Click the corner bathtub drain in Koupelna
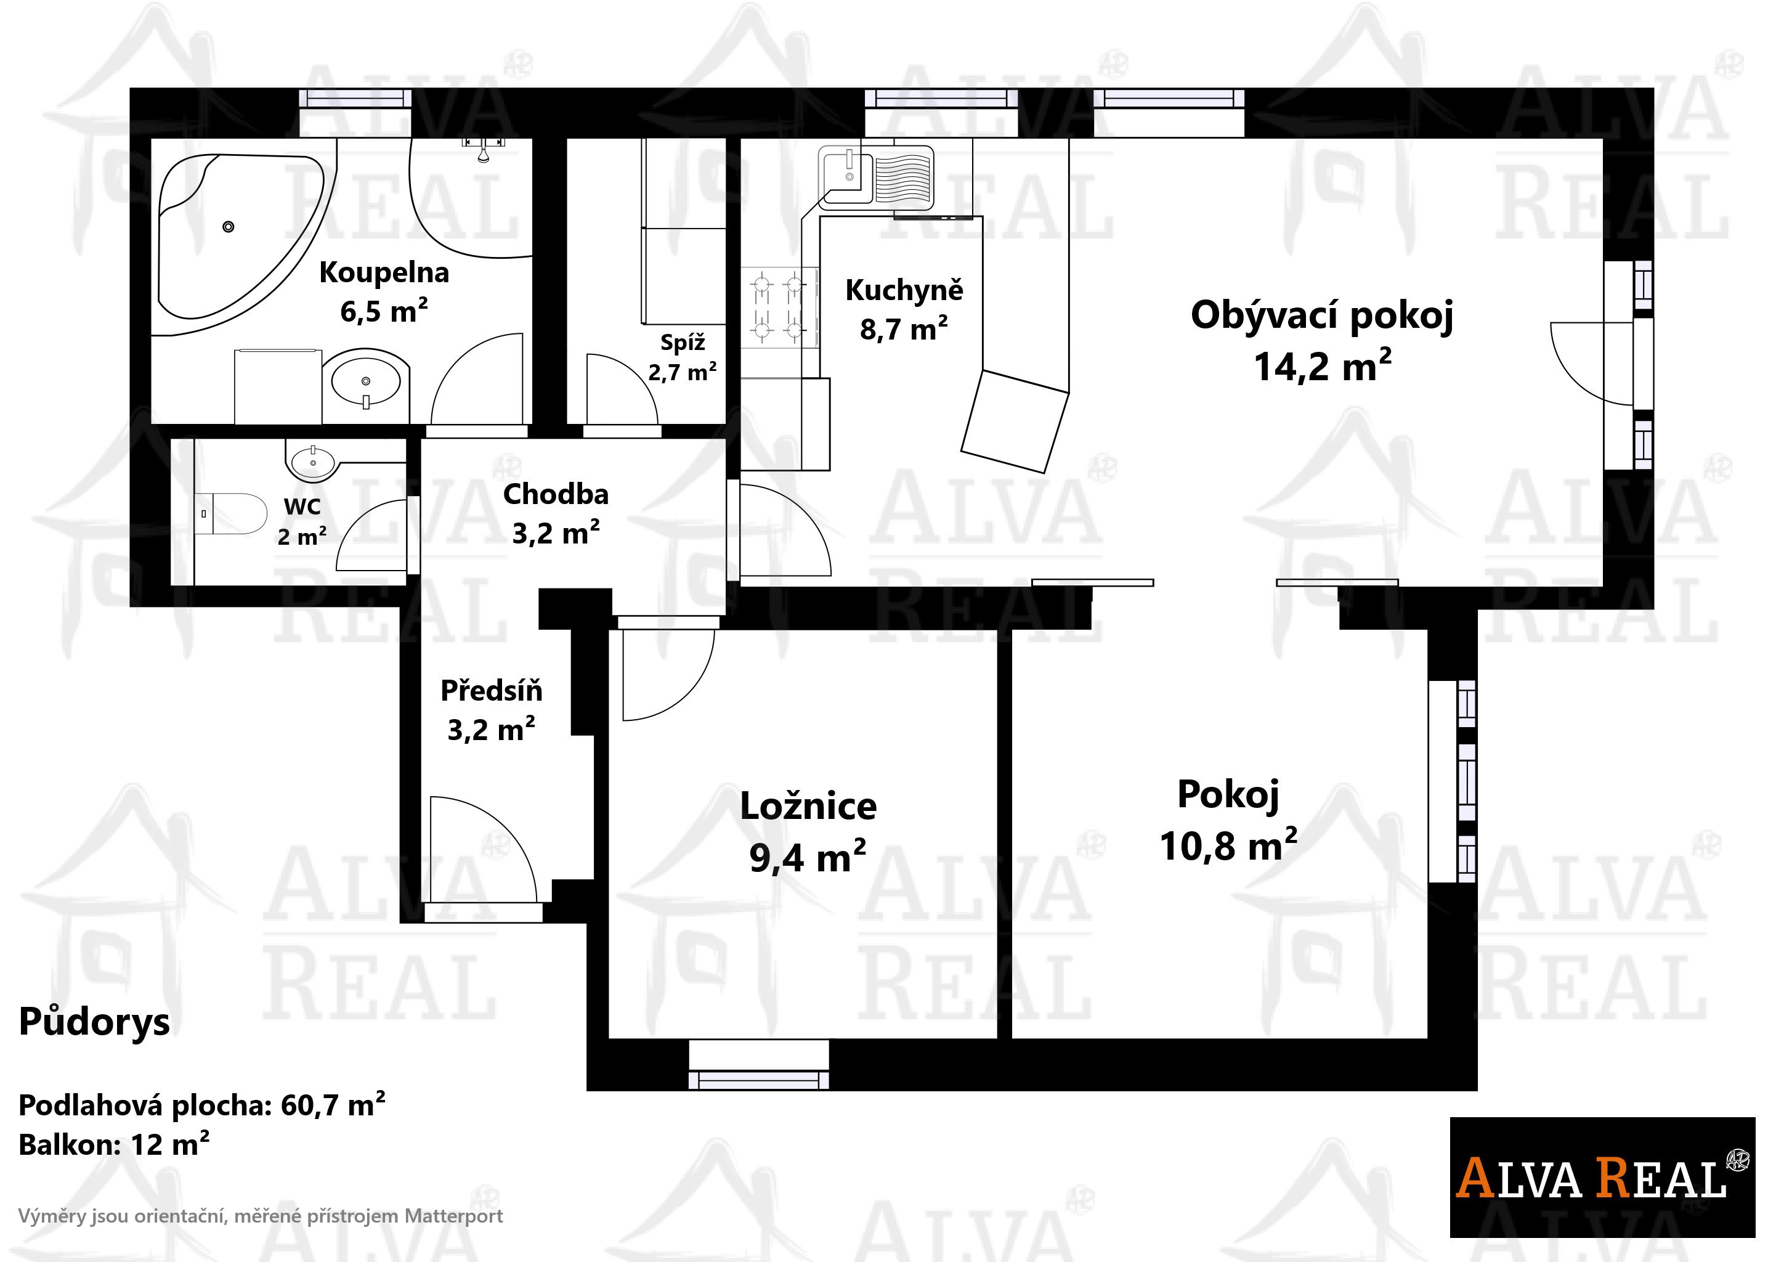coord(228,226)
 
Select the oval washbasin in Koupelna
coord(365,381)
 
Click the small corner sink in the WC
coord(312,462)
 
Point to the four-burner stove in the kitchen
coord(779,307)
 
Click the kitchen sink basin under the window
coord(845,176)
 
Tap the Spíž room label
coord(682,343)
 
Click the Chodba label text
coord(556,494)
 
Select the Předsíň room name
coord(491,691)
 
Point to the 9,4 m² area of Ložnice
coord(808,857)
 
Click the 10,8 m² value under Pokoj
coord(1228,845)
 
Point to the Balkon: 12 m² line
coord(113,1145)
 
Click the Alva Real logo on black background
coord(1602,1178)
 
